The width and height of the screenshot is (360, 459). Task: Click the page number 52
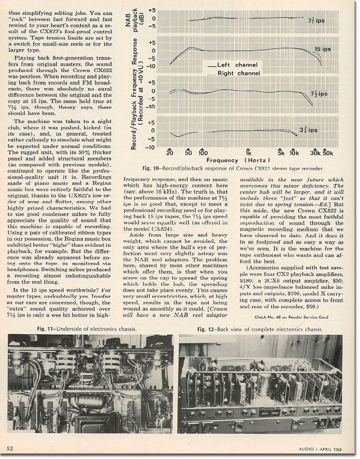click(10, 448)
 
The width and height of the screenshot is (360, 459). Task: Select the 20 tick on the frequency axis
click(170, 153)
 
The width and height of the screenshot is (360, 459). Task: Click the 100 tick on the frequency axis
click(203, 153)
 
